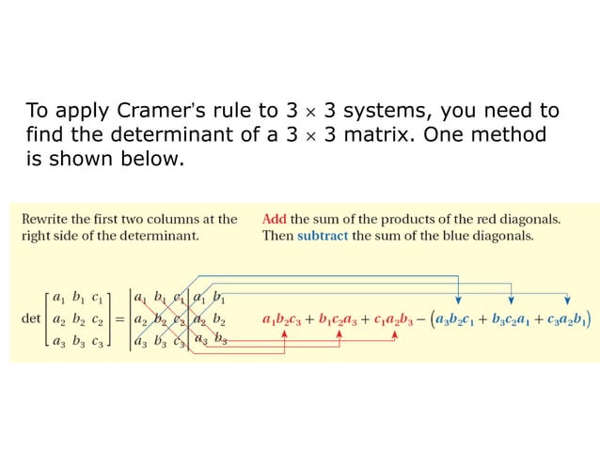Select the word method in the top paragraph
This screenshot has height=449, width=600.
coord(513,133)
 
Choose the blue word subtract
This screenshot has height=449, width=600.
coord(322,236)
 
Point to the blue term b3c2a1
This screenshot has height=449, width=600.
coord(513,320)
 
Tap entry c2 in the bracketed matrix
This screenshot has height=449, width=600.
coord(98,319)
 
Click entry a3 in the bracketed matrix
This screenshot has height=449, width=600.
coord(59,341)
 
